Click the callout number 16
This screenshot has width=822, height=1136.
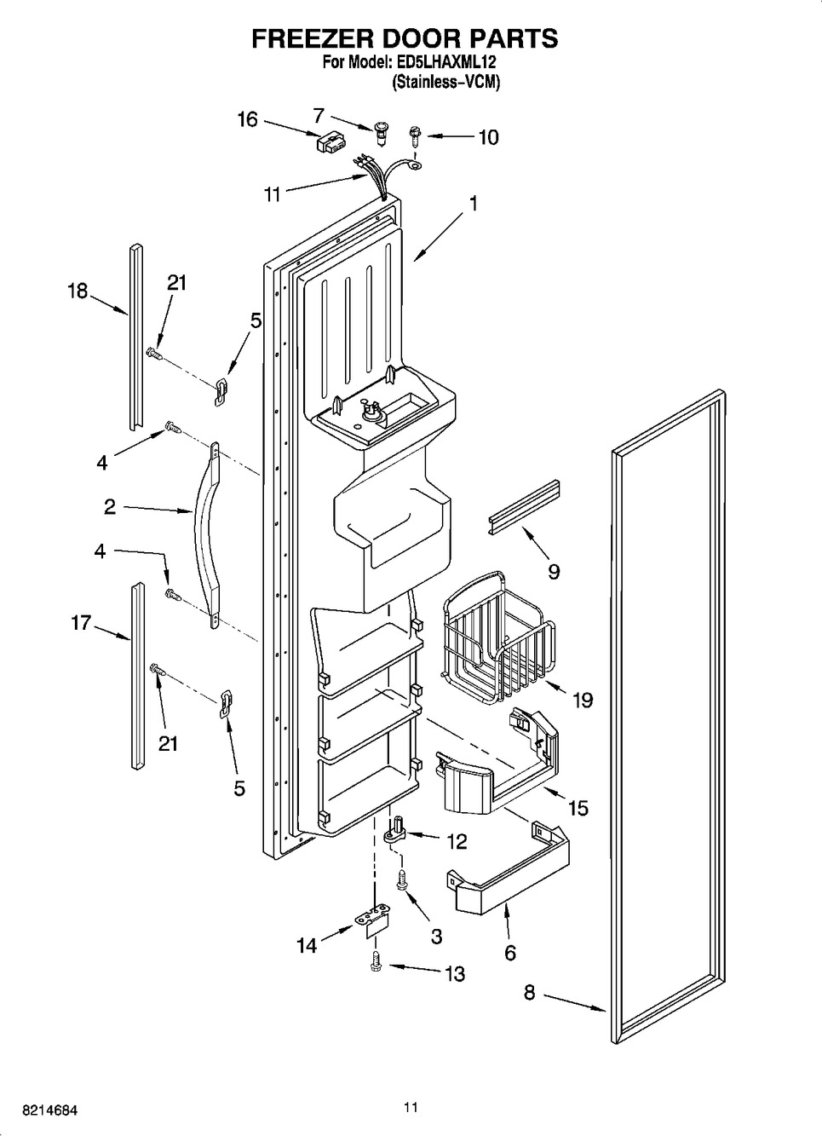click(x=247, y=119)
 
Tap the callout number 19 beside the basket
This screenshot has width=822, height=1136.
click(x=583, y=700)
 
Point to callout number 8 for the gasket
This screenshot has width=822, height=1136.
click(x=529, y=992)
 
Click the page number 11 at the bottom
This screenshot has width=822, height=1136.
click(x=411, y=1108)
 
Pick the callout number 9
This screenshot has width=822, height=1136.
click(x=554, y=571)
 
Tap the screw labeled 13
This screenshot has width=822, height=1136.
click(x=374, y=961)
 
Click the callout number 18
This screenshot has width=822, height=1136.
click(x=78, y=291)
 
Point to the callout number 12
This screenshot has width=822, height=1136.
click(x=457, y=842)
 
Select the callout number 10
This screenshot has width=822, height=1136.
click(x=488, y=137)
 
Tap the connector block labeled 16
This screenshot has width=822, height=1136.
click(x=328, y=142)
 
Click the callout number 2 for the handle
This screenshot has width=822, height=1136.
click(x=110, y=507)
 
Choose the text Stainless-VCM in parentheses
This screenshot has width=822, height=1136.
click(x=445, y=83)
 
